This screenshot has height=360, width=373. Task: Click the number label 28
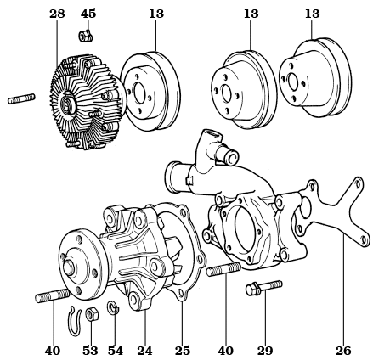[x=57, y=14]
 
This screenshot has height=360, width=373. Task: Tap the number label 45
[x=88, y=14]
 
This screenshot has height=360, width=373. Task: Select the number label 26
[x=343, y=350]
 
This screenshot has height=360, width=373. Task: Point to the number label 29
[x=265, y=350]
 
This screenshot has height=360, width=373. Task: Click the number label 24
[x=144, y=350]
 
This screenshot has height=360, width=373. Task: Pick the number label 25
[x=183, y=350]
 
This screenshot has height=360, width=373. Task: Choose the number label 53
[x=90, y=350]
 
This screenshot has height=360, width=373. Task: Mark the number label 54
[x=116, y=350]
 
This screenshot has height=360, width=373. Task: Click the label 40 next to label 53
[x=53, y=350]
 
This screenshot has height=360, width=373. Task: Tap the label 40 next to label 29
[x=225, y=350]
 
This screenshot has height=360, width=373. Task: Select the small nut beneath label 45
[x=85, y=37]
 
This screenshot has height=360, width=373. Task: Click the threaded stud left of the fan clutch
[x=22, y=99]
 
